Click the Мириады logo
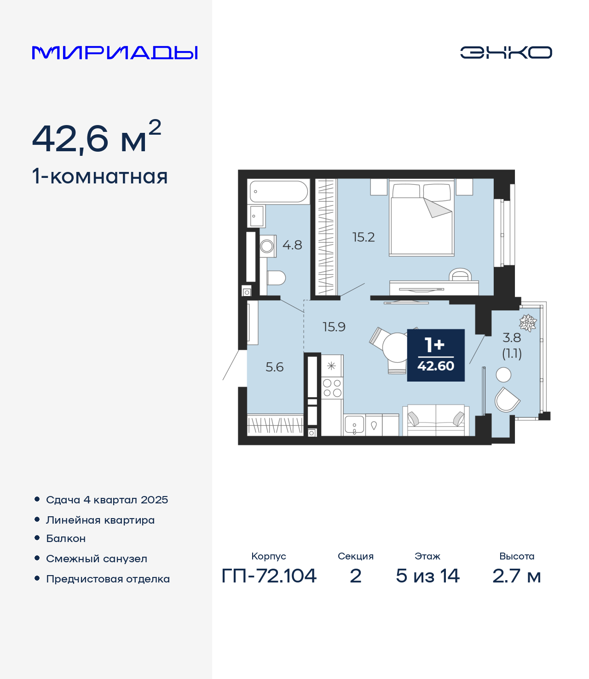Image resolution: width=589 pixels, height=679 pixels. (115, 52)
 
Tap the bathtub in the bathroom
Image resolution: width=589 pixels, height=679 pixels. (278, 192)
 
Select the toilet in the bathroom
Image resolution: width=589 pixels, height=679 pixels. (276, 278)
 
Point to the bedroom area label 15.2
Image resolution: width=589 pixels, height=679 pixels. (364, 237)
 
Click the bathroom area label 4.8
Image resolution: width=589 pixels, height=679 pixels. (292, 245)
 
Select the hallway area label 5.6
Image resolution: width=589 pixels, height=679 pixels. (274, 367)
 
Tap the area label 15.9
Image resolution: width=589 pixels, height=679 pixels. (334, 327)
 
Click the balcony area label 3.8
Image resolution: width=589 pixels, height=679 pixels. (512, 338)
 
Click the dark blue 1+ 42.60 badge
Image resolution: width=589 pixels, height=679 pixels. (436, 355)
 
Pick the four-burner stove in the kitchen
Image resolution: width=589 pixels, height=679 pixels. (332, 388)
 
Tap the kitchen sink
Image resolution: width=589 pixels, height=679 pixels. (354, 425)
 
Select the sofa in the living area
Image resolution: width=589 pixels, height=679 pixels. (436, 421)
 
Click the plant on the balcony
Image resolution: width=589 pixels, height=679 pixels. (527, 323)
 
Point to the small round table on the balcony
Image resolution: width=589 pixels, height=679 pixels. (503, 375)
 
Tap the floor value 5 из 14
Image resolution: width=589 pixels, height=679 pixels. (427, 585)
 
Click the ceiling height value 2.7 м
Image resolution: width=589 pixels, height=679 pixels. (516, 585)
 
